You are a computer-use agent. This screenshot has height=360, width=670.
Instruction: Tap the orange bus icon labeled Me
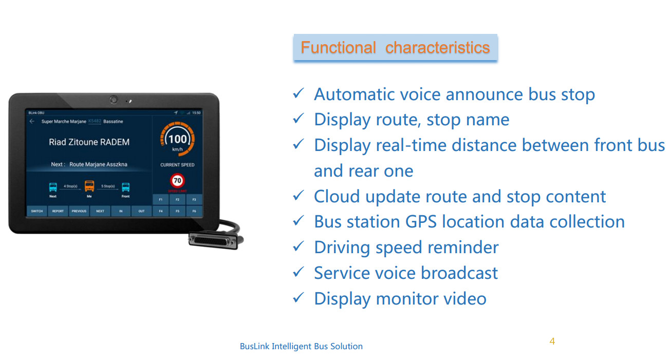[89, 186]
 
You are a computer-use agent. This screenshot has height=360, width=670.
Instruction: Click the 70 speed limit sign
[177, 181]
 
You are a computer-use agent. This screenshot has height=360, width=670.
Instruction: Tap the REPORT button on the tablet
[58, 211]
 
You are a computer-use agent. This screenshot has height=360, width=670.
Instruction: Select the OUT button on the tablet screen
[141, 211]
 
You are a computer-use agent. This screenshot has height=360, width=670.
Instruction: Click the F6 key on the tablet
[194, 211]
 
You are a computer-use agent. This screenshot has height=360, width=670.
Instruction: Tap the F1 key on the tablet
[160, 199]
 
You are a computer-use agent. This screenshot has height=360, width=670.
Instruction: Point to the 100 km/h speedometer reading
[177, 139]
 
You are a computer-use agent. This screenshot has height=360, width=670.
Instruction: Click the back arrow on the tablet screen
[32, 122]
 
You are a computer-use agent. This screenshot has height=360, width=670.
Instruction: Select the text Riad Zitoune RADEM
[89, 142]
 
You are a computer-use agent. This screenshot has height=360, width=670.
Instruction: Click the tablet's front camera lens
[114, 100]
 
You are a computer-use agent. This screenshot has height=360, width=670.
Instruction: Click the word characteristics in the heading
[437, 48]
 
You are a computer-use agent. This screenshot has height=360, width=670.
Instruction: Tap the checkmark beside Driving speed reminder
[299, 247]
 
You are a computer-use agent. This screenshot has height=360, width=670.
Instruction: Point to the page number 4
[552, 341]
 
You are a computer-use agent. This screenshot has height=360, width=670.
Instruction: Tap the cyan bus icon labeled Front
[126, 187]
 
